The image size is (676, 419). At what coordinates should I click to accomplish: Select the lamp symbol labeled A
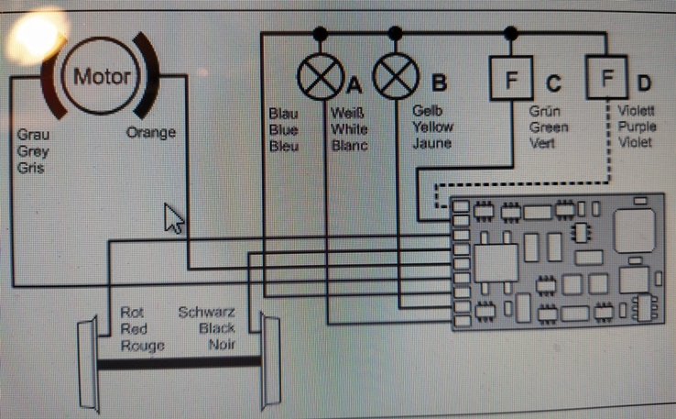pos(320,79)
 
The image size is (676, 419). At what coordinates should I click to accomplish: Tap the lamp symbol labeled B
pos(395,79)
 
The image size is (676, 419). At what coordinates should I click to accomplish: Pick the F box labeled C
pos(510,80)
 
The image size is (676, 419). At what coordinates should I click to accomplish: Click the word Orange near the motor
pos(151,133)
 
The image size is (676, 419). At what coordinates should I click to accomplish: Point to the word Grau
pos(34,135)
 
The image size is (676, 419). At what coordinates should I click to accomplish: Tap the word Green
pos(549,128)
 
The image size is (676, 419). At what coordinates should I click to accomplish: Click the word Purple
pos(635,128)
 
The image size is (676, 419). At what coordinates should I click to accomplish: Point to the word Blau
pos(283,114)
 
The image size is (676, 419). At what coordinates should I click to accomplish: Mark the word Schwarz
pos(206,313)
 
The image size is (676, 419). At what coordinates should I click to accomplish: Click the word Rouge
pos(142,346)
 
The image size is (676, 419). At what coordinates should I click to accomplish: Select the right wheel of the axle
pos(270,360)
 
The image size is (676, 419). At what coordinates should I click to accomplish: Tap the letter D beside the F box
pos(644,83)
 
